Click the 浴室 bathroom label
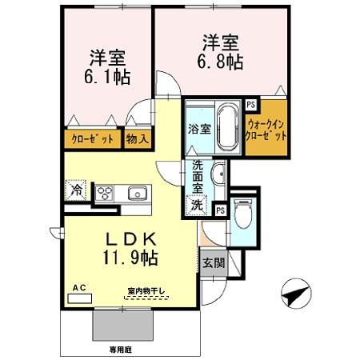[x=199, y=129]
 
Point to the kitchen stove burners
[x=106, y=192]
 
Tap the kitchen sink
[x=135, y=193]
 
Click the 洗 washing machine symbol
[x=196, y=204]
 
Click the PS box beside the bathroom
[x=251, y=103]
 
